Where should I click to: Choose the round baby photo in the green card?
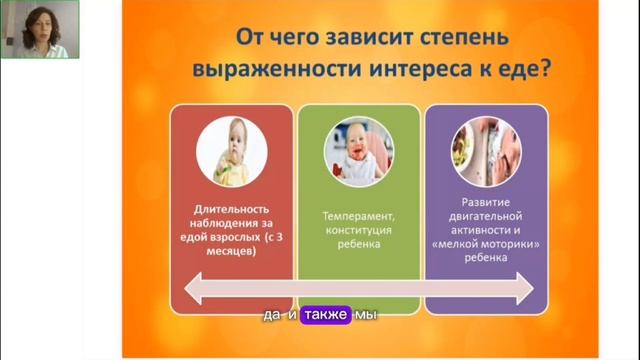pos(358,153)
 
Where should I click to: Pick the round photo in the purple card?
pos(486,153)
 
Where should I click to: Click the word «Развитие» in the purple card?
pos(487,201)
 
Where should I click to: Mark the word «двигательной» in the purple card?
pos(487,215)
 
